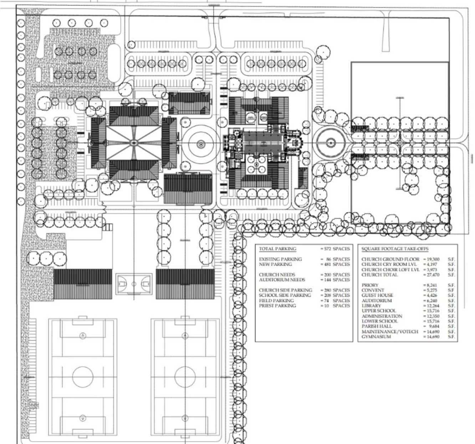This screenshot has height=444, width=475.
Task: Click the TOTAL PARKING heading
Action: (277, 249)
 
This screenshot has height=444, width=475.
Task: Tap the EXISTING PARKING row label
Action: (280, 259)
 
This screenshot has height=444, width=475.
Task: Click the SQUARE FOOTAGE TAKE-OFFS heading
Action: (395, 249)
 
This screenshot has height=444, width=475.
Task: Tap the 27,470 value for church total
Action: (432, 275)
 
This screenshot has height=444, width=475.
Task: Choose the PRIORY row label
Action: (369, 285)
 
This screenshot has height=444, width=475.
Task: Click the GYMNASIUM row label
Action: (376, 337)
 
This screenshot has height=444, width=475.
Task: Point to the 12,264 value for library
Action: (432, 306)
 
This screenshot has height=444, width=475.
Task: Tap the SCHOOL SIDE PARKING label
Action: (285, 295)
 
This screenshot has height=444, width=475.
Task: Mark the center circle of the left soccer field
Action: (83, 376)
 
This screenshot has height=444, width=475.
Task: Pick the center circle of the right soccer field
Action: (185, 376)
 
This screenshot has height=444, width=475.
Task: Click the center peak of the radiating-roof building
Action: (134, 142)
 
